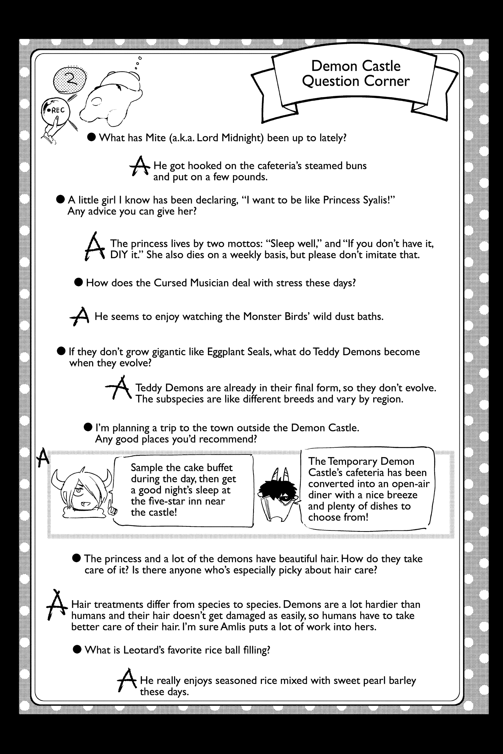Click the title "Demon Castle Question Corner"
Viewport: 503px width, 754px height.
coord(356,73)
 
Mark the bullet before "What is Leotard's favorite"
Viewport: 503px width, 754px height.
coord(77,650)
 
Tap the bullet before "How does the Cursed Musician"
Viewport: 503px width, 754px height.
coord(78,282)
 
